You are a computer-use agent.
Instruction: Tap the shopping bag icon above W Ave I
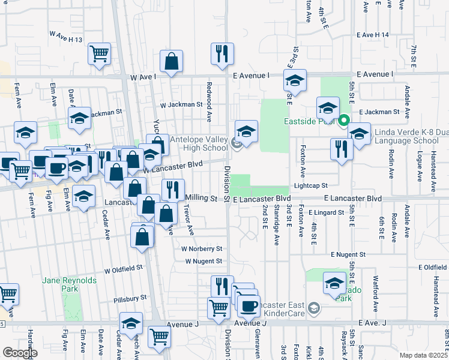tap(172, 61)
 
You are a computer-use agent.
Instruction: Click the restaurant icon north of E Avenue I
tap(222, 53)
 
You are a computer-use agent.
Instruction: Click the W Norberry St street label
tap(202, 248)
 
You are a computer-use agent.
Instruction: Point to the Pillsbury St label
tap(130, 298)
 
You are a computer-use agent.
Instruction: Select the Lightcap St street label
tap(310, 186)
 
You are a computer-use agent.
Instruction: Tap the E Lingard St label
tap(328, 212)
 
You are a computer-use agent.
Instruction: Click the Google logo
tap(20, 353)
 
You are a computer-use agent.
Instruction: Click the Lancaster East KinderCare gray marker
tap(313, 308)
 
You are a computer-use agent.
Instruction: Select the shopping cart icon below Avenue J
tap(159, 337)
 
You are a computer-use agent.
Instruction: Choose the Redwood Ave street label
tap(209, 96)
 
